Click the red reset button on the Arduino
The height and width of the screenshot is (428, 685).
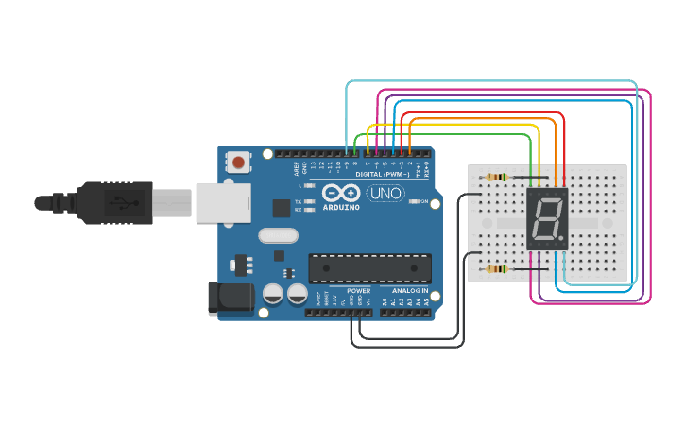click(x=238, y=163)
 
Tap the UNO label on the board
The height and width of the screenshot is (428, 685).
click(x=385, y=194)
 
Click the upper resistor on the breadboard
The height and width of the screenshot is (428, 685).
click(x=496, y=178)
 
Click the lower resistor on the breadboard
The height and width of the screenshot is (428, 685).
click(x=496, y=269)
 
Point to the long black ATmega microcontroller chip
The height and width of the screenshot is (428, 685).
click(x=370, y=268)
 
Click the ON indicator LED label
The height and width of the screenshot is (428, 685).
click(x=424, y=202)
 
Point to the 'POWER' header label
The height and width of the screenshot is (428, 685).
click(x=359, y=290)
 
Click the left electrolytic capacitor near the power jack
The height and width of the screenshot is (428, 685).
click(x=273, y=295)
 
